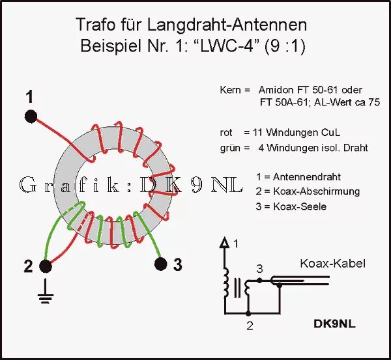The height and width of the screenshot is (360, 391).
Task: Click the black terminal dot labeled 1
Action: pyautogui.click(x=30, y=117)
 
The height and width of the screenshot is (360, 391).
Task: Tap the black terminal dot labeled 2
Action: pyautogui.click(x=46, y=266)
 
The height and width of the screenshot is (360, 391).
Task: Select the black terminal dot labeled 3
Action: pyautogui.click(x=160, y=264)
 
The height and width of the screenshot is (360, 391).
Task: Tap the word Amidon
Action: pyautogui.click(x=276, y=89)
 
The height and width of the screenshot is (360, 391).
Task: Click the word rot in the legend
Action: pyautogui.click(x=226, y=132)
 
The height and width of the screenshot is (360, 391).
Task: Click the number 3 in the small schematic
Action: pyautogui.click(x=259, y=269)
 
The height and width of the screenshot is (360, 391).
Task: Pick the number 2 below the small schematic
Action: pyautogui.click(x=249, y=324)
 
